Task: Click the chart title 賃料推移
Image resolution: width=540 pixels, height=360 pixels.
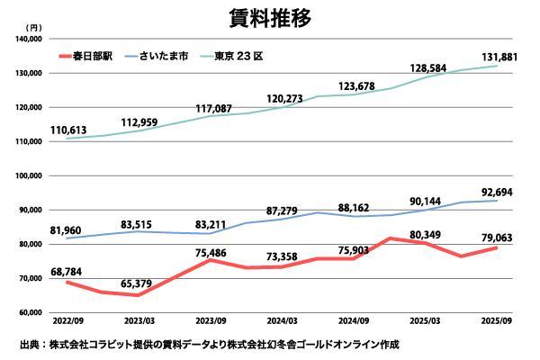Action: pos(269,18)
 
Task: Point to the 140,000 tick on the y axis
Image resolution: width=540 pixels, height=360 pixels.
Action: pos(31,39)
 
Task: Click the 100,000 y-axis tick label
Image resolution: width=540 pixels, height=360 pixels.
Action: pos(31,175)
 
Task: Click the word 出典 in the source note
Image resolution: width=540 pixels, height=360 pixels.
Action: pos(28,345)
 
